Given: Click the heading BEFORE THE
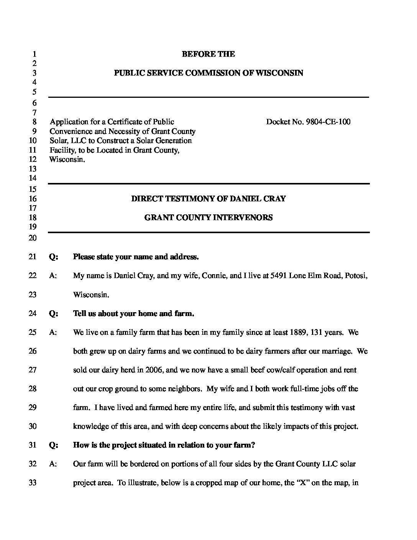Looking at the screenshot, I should [208, 54].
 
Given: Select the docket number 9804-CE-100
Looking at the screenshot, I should [328, 122].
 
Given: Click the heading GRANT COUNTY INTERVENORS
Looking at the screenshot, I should [208, 218].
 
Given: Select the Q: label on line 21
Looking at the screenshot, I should [54, 257].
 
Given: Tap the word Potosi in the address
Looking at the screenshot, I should [356, 276].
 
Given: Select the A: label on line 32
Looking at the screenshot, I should [53, 464].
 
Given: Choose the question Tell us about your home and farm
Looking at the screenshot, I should [133, 314].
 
